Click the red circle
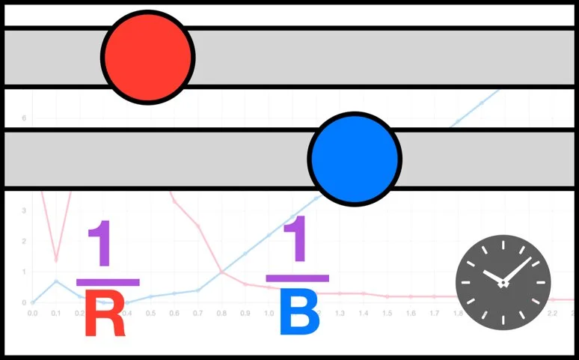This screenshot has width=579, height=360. (x=148, y=57)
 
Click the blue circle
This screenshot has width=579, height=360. (x=355, y=158)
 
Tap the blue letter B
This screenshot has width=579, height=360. (x=299, y=312)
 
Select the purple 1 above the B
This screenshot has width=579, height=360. (x=298, y=240)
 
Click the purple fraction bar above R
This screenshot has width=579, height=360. (x=108, y=282)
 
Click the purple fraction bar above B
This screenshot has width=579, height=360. (x=298, y=278)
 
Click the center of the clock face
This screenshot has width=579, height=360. (x=503, y=282)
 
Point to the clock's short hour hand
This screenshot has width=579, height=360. (x=493, y=275)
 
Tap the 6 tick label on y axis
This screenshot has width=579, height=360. (x=24, y=118)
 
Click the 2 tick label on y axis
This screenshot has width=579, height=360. (x=24, y=241)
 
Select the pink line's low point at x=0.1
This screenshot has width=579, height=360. (x=56, y=260)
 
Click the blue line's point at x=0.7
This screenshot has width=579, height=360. (x=198, y=290)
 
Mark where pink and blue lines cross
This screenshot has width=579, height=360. (x=222, y=272)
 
